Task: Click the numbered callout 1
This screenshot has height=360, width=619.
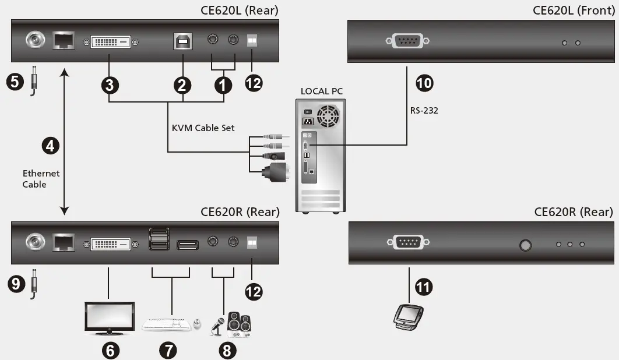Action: pos(222,85)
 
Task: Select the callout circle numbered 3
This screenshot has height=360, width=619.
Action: pos(110,85)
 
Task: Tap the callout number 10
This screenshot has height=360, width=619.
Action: pos(424,83)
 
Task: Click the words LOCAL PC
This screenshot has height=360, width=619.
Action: pos(321,91)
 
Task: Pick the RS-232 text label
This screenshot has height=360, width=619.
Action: pos(424,110)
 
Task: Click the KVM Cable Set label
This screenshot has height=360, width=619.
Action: pos(203,128)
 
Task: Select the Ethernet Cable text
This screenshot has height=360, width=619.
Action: pos(41,178)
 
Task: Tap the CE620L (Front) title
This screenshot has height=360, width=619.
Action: pos(574,10)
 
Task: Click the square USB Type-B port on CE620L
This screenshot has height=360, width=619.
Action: pos(182,41)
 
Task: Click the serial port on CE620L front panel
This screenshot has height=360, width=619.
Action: pos(407,41)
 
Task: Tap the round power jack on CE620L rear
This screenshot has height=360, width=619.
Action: pos(34,41)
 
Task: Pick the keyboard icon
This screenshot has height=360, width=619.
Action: pos(166,324)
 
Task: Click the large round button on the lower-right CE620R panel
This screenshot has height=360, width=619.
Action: pos(525,245)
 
